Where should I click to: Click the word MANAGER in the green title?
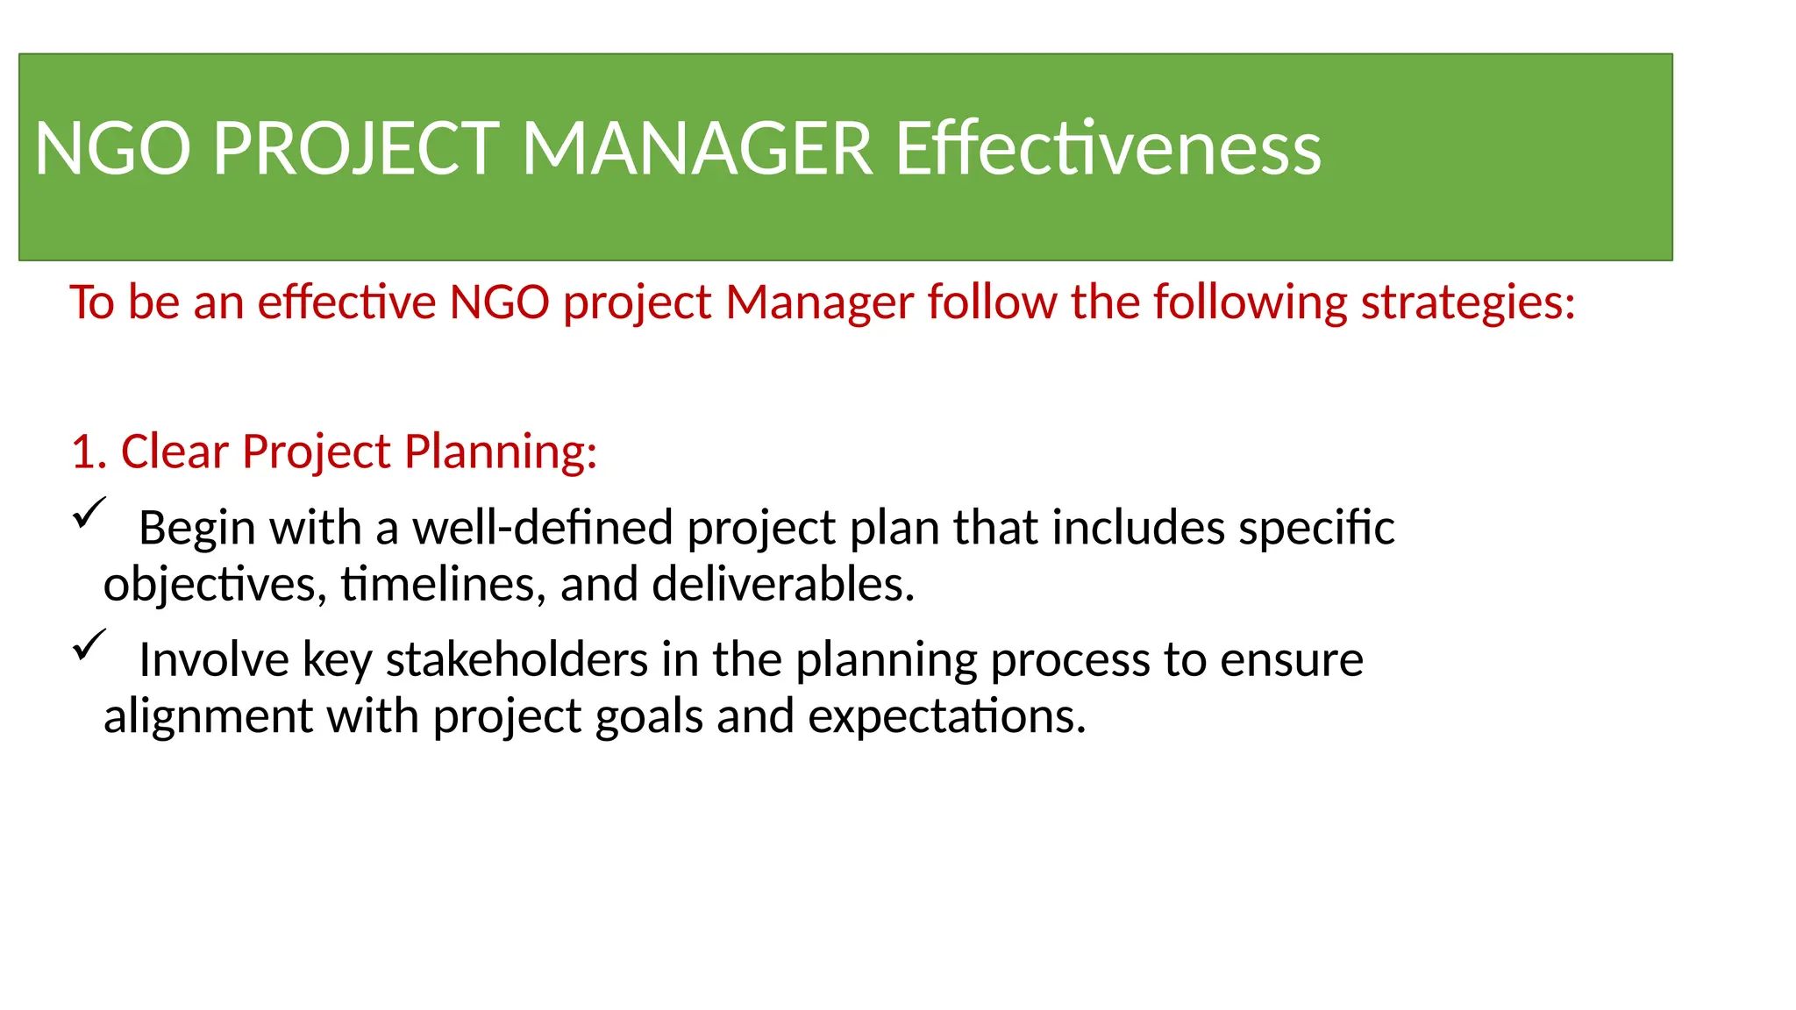[697, 149]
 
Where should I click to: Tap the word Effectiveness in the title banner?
[1108, 149]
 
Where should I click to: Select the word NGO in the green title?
[112, 149]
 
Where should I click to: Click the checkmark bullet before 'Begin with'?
[89, 513]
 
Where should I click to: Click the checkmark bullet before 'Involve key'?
[89, 645]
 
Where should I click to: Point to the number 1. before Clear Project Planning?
[88, 452]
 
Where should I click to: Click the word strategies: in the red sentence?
[1468, 303]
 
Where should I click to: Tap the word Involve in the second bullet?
[213, 660]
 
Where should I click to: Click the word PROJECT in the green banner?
[356, 149]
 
